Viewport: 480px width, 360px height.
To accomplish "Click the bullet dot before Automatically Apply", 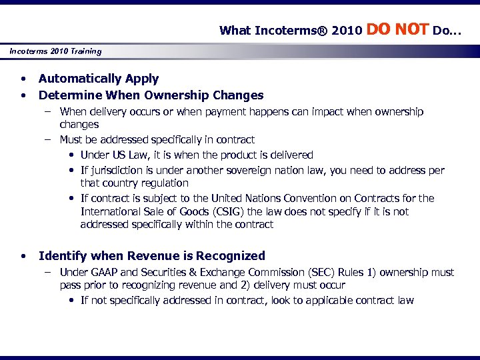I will click(23, 79).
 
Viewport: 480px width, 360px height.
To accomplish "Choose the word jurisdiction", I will click(116, 170).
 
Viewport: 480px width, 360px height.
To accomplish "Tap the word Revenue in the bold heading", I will click(151, 256).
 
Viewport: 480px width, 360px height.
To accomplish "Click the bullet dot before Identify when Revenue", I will click(23, 256).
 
